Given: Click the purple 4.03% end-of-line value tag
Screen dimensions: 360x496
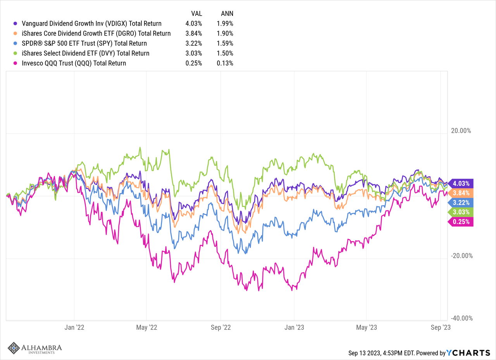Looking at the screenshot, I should [461, 183].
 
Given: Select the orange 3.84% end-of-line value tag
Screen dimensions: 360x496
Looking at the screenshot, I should [461, 193].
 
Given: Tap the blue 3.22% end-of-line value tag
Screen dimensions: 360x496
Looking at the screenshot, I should [461, 203].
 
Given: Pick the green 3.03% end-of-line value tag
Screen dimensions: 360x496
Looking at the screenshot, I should [461, 212].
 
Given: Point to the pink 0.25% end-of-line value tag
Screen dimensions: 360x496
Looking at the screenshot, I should [461, 222].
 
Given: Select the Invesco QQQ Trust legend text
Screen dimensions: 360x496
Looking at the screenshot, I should [73, 63].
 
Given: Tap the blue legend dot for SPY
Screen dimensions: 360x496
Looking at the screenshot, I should [15, 43].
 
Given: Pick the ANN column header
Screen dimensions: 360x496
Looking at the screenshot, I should [225, 13].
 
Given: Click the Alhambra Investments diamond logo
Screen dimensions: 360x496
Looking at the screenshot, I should [14, 348].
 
